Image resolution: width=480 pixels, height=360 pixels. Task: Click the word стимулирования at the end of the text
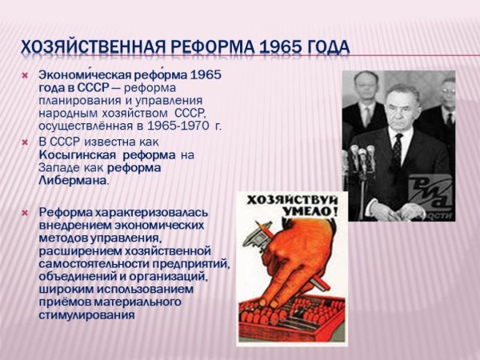pos(86,314)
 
